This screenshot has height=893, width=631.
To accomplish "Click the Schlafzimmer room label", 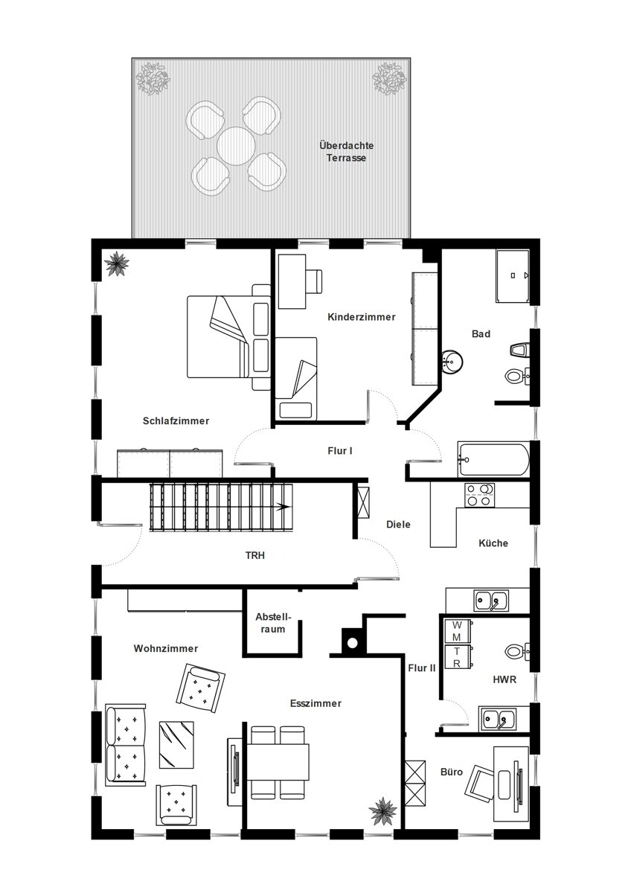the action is point(176,420).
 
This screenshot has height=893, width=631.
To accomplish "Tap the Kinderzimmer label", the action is point(362,317).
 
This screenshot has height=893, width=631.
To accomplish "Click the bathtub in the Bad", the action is point(493,459).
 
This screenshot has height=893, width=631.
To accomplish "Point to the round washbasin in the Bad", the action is point(452,362).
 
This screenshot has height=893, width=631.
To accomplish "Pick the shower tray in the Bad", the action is point(513,276).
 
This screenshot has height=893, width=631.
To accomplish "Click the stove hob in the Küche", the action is point(479,495).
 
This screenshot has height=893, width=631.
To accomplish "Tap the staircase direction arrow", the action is point(284,507).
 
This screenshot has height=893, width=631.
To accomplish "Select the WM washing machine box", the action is point(457,631).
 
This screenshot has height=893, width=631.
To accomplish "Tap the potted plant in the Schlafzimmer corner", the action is point(116,263).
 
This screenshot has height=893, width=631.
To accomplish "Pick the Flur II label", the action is point(422,668).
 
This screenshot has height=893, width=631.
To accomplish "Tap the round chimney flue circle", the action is point(352,643).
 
